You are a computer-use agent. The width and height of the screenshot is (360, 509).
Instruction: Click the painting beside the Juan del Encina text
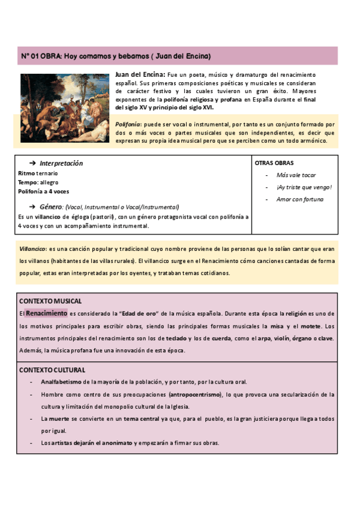tap(65, 108)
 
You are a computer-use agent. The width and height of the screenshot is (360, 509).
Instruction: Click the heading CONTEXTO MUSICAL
tap(50, 301)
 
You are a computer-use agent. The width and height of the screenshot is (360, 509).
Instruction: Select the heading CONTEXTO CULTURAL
tap(52, 370)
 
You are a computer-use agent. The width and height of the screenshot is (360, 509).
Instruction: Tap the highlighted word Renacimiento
tap(46, 313)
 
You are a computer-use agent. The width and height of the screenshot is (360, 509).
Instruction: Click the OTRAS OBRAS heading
tap(274, 163)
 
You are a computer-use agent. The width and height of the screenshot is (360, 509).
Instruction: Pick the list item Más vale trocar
tap(296, 175)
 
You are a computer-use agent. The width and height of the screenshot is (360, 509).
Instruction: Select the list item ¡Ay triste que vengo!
tap(304, 187)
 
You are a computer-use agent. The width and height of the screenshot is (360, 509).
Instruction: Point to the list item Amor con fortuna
tap(300, 199)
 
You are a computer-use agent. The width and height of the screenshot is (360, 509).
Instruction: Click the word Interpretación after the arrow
tap(61, 163)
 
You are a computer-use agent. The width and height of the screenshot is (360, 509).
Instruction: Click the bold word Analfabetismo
tap(61, 382)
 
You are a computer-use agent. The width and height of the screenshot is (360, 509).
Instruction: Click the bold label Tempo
tap(28, 182)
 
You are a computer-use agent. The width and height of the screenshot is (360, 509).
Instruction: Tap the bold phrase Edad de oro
tap(139, 313)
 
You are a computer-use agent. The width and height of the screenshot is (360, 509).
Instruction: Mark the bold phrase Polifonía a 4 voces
tap(44, 191)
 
